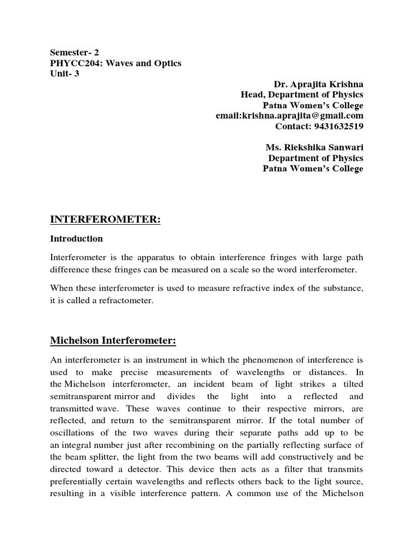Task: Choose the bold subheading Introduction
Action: point(76,238)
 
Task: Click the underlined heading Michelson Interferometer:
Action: point(113,341)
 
